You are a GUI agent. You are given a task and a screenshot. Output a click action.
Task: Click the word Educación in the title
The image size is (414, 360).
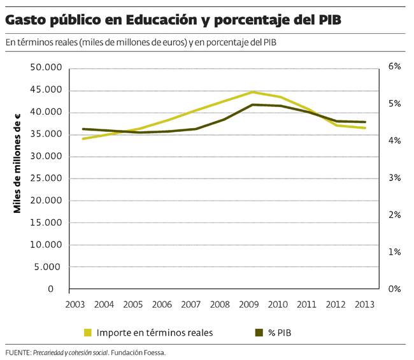pos(159,20)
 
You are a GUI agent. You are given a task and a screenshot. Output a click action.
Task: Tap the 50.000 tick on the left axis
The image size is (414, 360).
pos(46,68)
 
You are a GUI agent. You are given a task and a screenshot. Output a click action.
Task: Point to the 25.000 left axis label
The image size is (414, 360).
pos(46,178)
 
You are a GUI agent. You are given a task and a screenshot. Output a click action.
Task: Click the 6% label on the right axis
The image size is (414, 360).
pos(394,67)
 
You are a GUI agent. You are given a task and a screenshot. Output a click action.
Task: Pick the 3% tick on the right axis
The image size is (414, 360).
pos(394,178)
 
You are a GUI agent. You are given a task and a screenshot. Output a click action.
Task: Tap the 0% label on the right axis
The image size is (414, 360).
pos(394,289)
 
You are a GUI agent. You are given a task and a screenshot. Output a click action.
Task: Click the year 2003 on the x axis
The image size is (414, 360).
pos(76,305)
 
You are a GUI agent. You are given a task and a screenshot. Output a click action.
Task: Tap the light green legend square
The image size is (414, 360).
pos(88,332)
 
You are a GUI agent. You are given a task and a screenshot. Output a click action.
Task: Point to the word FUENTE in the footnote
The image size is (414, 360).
pos(17,352)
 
